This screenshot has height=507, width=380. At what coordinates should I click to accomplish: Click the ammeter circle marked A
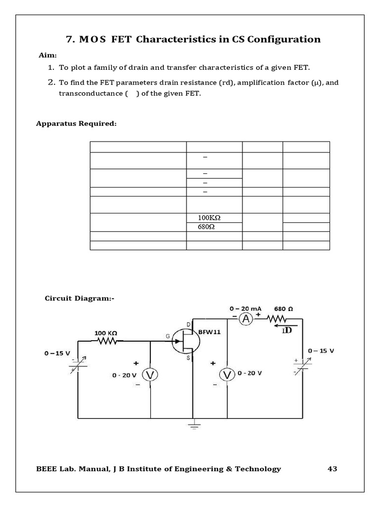click(246, 319)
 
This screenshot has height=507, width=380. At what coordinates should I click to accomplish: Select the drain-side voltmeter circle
click(227, 375)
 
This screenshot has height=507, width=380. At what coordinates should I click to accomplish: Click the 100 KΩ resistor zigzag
click(106, 341)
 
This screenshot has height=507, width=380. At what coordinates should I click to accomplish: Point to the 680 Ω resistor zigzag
click(278, 319)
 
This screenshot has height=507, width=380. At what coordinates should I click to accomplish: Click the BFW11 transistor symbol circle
click(186, 341)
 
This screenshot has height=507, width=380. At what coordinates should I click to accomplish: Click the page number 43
click(332, 468)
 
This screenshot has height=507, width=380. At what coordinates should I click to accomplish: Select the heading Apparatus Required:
click(76, 123)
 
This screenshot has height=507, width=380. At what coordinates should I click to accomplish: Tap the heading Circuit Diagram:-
click(79, 298)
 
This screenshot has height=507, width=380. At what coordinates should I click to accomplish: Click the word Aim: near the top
click(48, 55)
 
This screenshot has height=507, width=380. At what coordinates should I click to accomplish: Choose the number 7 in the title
click(69, 40)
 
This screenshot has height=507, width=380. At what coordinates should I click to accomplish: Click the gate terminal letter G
click(167, 336)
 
